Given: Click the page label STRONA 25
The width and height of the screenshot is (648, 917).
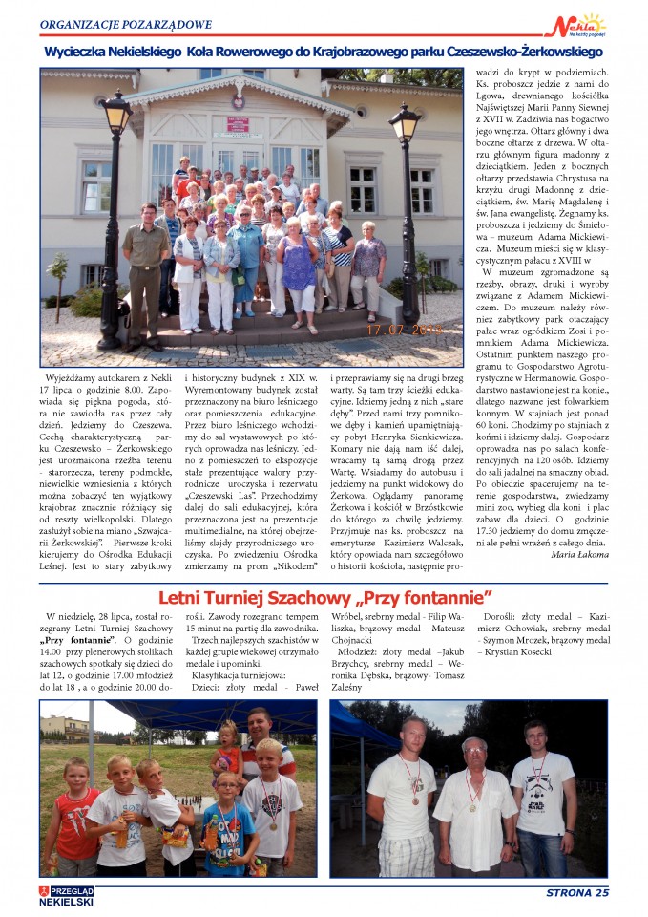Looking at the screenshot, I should (x=575, y=893).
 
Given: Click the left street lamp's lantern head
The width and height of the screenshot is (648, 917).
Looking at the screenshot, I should (x=116, y=115).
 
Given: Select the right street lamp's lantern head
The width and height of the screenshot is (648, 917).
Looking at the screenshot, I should (x=405, y=122).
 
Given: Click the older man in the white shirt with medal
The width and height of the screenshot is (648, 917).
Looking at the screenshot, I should (x=473, y=798).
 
